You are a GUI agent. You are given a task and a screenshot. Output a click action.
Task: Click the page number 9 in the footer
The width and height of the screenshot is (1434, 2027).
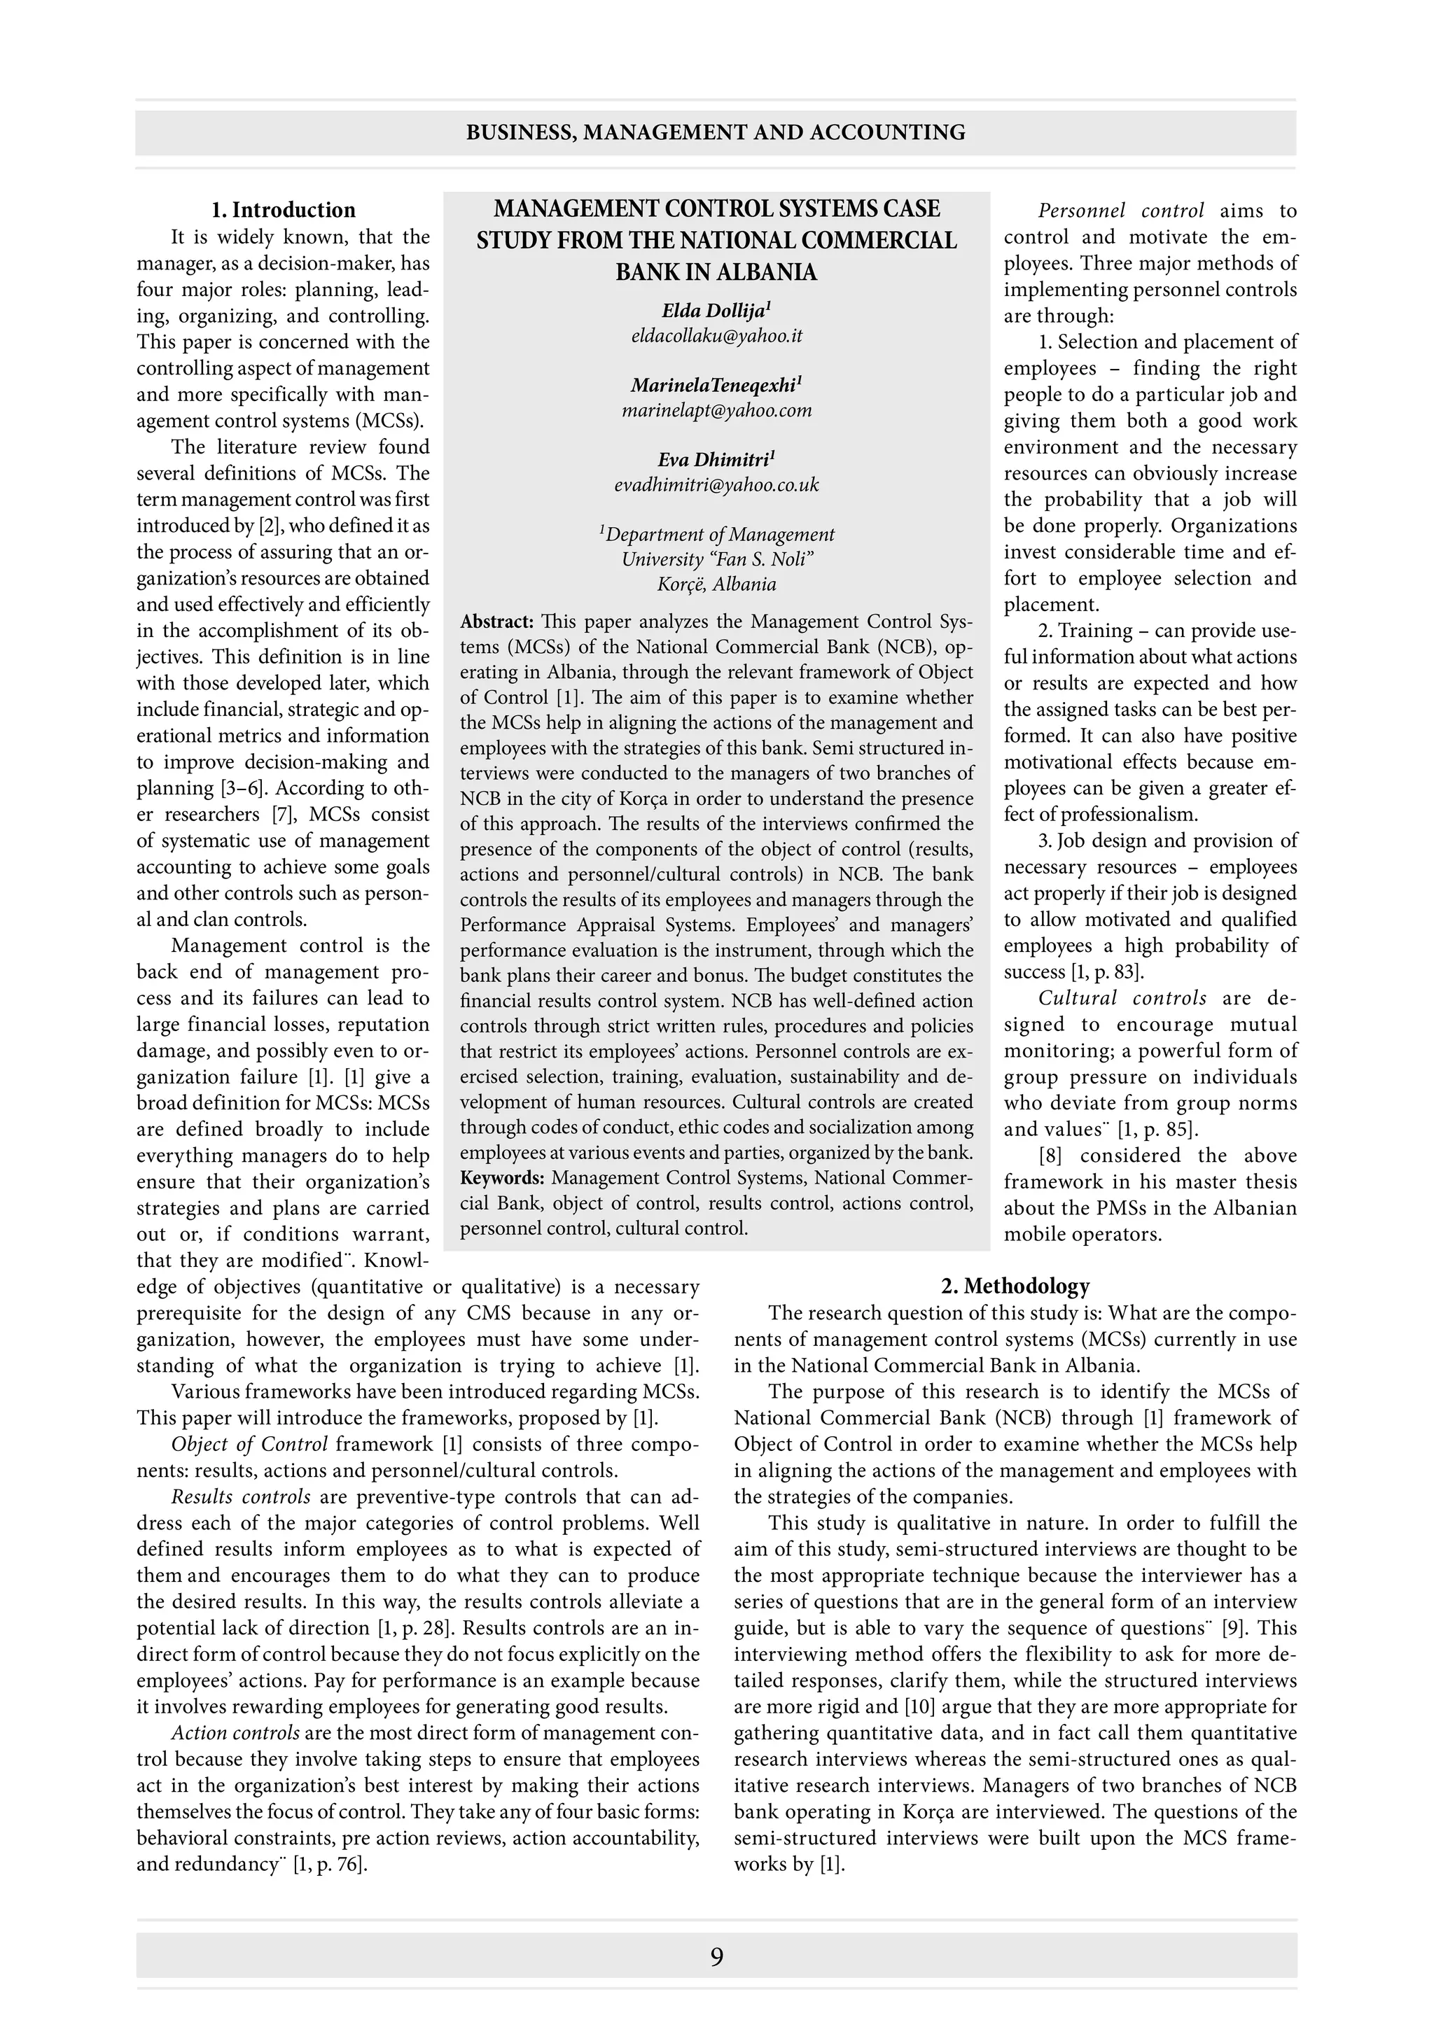(716, 1957)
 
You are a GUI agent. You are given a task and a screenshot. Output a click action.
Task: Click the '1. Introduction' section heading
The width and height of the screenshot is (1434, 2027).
(283, 210)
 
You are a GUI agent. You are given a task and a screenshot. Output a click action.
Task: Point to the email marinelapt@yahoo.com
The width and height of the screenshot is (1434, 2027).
(716, 411)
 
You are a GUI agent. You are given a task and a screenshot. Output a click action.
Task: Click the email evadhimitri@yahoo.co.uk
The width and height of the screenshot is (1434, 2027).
(716, 484)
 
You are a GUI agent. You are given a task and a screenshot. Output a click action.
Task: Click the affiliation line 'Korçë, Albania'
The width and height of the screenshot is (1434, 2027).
(716, 584)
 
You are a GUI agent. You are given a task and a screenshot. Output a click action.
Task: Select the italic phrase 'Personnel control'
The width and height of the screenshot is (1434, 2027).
(1120, 211)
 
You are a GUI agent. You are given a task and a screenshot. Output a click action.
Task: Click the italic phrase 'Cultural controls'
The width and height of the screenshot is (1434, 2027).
(1122, 999)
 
